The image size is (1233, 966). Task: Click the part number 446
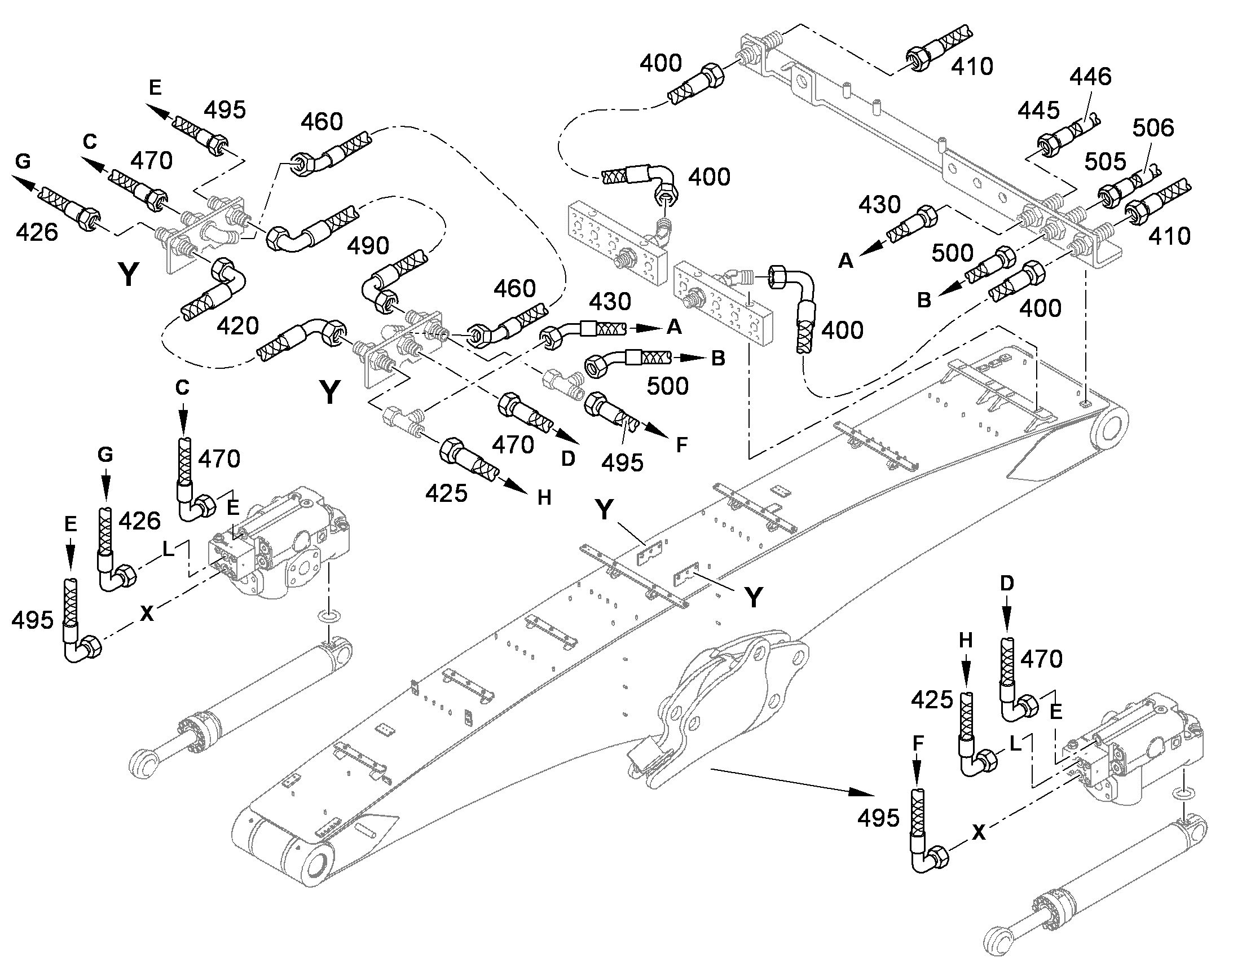(x=1090, y=76)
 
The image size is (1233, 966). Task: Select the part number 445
(x=1039, y=111)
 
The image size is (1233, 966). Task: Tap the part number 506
(x=1153, y=128)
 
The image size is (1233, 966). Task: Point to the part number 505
(x=1105, y=162)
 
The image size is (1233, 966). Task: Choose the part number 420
(x=238, y=326)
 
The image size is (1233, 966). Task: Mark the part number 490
(x=368, y=246)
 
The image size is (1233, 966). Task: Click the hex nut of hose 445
(x=1049, y=145)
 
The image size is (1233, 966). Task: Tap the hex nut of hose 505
(x=1109, y=195)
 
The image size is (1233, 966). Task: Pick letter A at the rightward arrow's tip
(x=674, y=327)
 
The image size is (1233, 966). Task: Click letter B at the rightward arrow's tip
(x=717, y=358)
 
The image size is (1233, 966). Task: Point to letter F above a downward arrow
(x=918, y=743)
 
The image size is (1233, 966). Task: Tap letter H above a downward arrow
(x=966, y=640)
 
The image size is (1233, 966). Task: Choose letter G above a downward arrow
(x=106, y=454)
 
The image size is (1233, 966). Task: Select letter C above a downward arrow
(x=182, y=387)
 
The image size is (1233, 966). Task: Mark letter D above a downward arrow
(x=1007, y=584)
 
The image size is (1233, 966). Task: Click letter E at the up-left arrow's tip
(x=155, y=87)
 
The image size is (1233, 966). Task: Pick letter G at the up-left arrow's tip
(x=23, y=162)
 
